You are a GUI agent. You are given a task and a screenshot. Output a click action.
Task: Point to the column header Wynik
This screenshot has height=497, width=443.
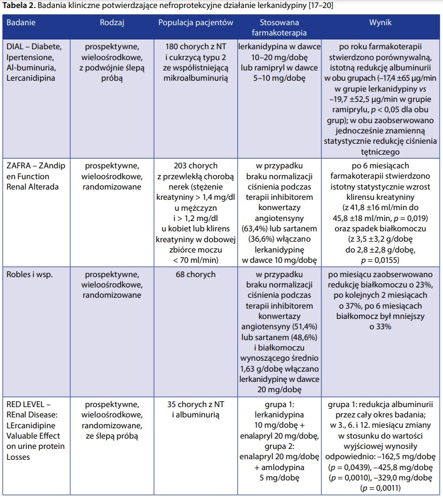coord(381,22)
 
